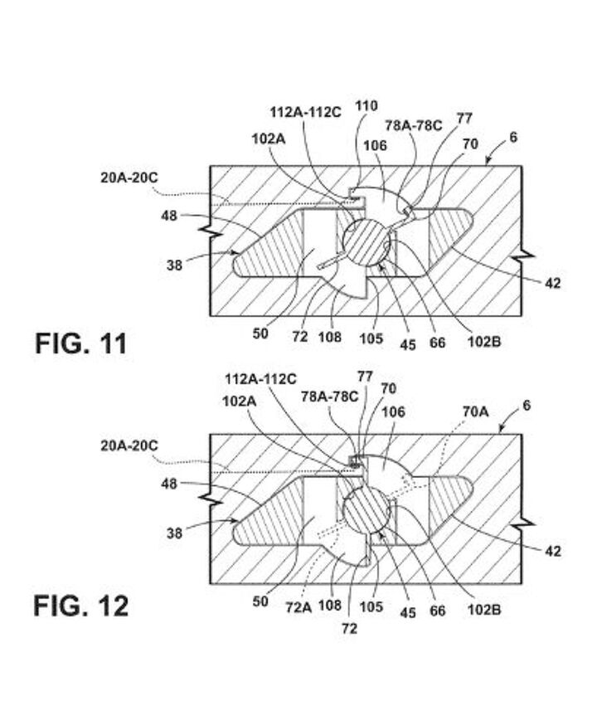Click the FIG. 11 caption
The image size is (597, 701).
pos(81,343)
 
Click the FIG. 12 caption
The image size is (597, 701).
pos(81,606)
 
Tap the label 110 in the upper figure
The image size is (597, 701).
pos(366,105)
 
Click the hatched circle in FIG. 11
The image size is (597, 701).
pos(366,246)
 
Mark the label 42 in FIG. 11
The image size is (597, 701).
pos(553,283)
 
